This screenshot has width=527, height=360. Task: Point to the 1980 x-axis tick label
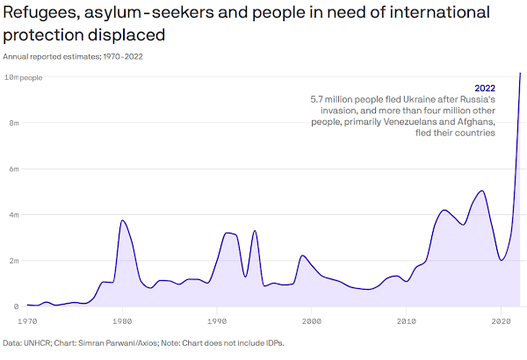click(122, 322)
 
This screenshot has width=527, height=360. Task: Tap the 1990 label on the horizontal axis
click(217, 322)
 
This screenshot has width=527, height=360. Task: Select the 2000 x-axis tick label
click(312, 322)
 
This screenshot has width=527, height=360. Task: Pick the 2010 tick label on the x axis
click(406, 322)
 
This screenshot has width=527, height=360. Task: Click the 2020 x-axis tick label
click(501, 322)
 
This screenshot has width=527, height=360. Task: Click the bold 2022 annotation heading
click(485, 89)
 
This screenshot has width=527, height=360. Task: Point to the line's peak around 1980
click(122, 220)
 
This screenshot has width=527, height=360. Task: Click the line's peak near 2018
click(481, 191)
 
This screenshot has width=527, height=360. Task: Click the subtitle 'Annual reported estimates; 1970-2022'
click(73, 56)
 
